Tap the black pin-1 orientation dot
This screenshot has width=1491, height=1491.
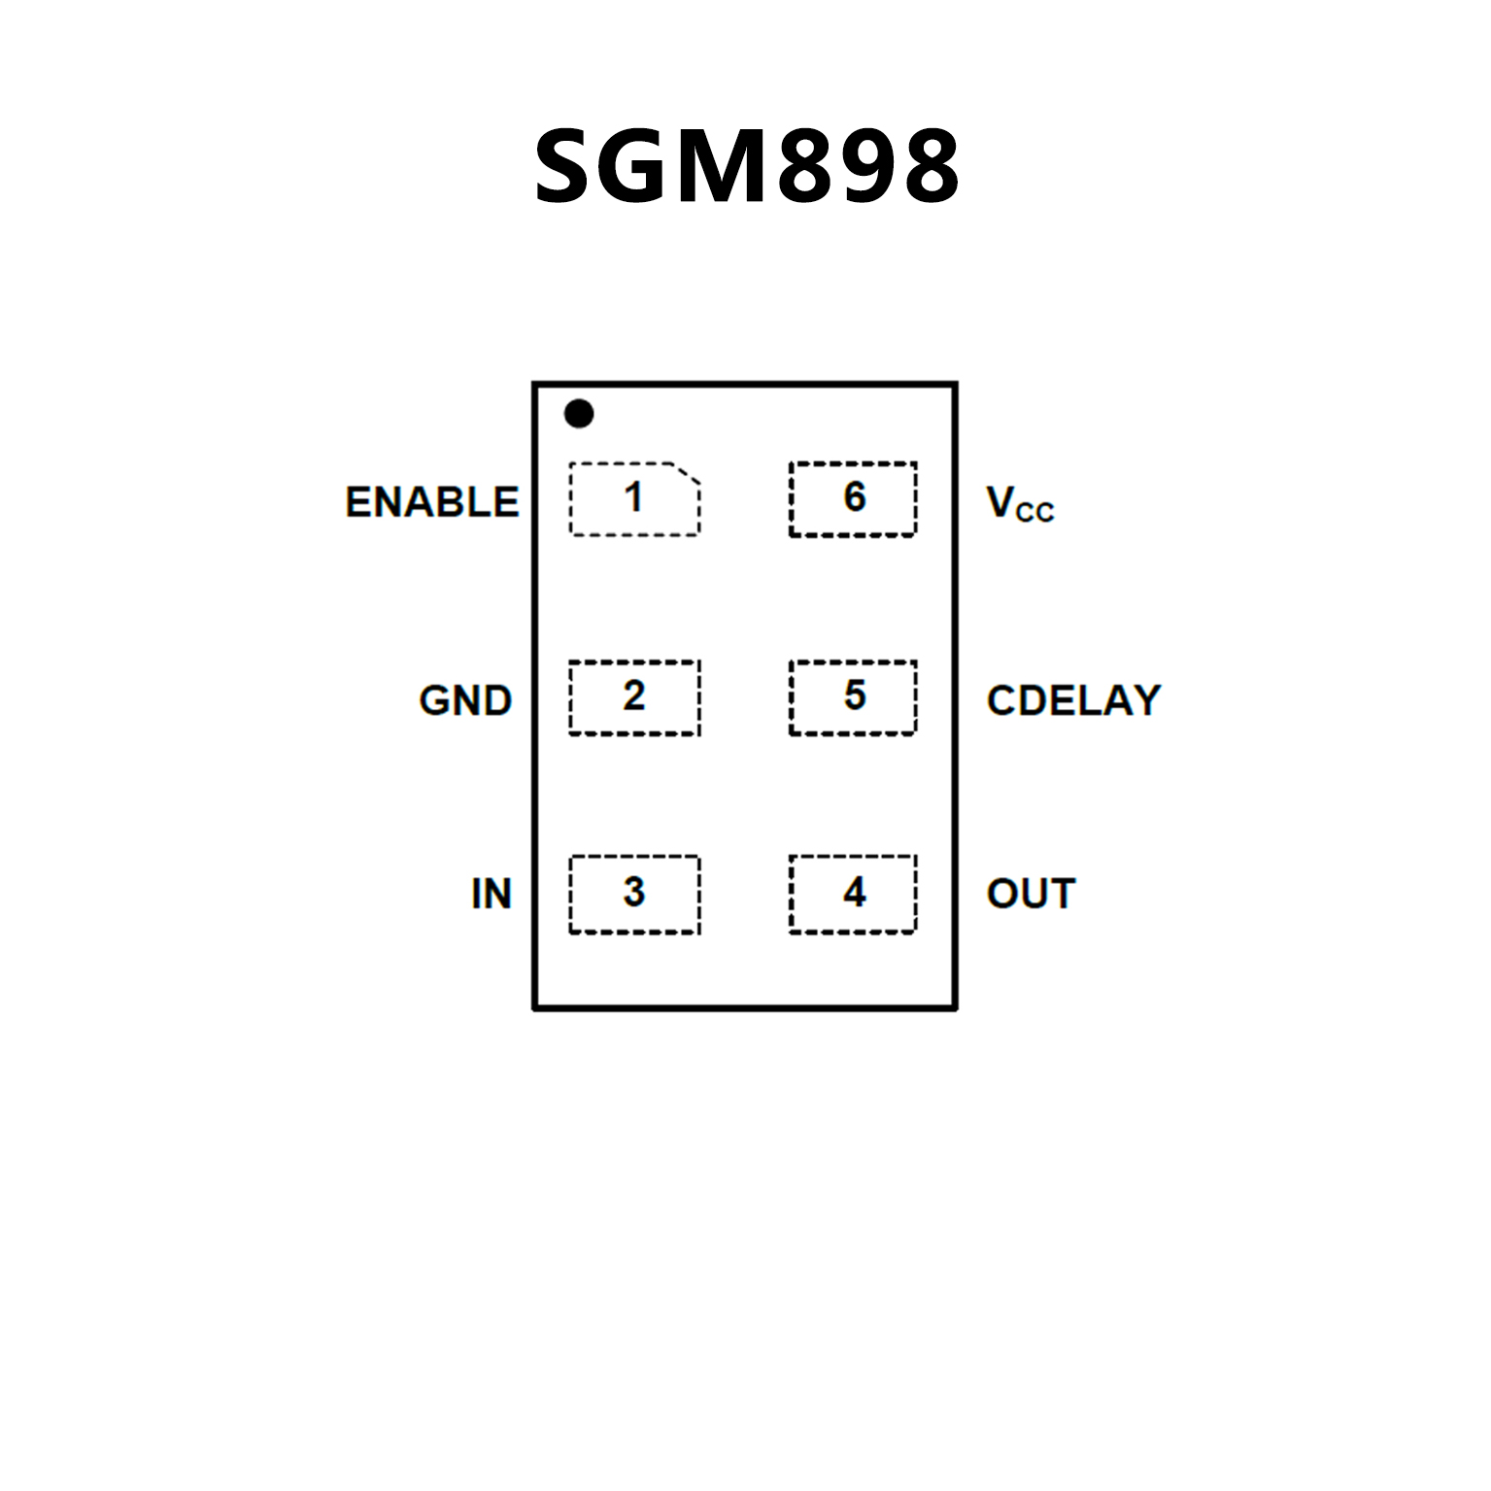[579, 414]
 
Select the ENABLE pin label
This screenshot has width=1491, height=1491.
[432, 502]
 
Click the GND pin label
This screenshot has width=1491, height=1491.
[465, 700]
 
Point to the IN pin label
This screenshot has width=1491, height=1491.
[491, 894]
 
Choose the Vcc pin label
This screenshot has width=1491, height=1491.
[1020, 504]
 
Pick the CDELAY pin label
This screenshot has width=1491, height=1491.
[1073, 700]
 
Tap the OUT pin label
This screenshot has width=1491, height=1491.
[1032, 894]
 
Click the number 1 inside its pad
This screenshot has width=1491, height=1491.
[633, 497]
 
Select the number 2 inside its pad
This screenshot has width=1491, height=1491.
[633, 695]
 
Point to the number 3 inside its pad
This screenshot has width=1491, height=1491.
[633, 892]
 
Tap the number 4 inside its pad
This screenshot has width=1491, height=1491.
[854, 892]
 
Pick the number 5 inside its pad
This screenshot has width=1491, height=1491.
[854, 695]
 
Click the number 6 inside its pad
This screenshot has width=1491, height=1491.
[854, 497]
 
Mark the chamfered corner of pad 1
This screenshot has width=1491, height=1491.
[688, 473]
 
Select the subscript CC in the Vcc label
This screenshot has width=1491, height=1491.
[1035, 513]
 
